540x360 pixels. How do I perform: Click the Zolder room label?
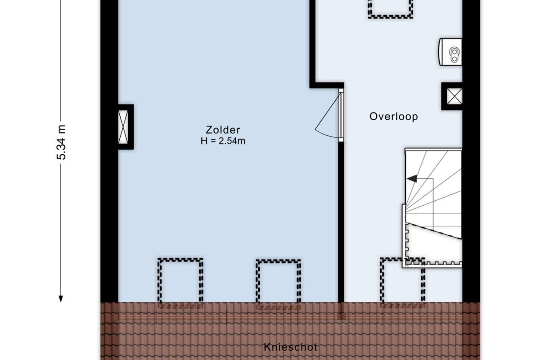223,130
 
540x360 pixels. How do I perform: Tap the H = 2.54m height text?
223,141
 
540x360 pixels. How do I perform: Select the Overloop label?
394,117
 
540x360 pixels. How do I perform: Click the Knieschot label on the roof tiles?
291,347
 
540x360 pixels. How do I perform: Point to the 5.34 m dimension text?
61,142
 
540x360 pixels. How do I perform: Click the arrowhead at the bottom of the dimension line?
61,299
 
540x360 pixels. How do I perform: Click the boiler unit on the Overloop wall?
450,52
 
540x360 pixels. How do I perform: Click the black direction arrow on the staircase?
412,179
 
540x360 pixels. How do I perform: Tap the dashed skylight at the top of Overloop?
390,9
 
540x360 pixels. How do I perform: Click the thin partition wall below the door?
341,222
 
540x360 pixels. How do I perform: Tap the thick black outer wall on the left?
109,151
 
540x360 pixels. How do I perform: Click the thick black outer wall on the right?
471,151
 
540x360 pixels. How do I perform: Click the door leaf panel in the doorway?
341,115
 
